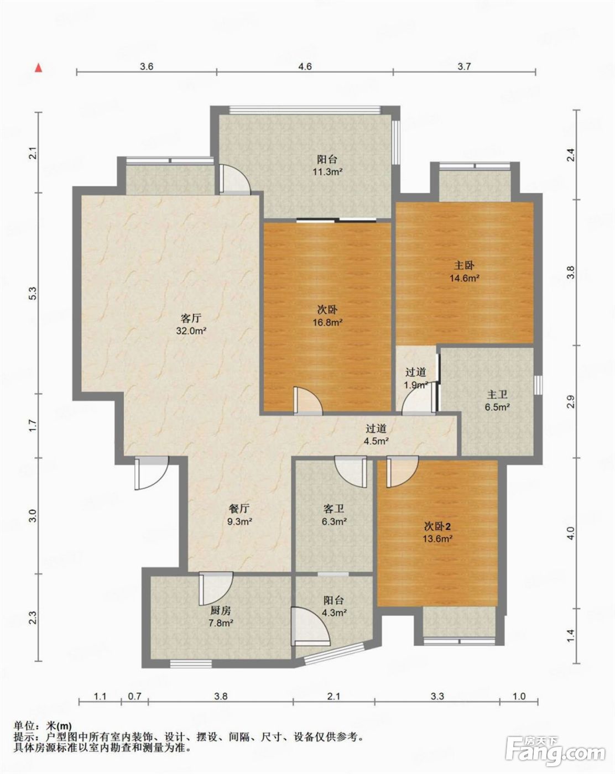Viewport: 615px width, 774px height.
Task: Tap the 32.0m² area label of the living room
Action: pos(191,331)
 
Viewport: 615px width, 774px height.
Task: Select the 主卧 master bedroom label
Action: pos(464,265)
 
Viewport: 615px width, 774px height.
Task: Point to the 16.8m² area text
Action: pos(327,322)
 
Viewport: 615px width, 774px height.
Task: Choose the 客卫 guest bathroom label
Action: pos(334,509)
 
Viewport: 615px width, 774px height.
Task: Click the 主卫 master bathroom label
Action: pos(497,395)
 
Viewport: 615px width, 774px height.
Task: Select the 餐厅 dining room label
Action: pos(239,509)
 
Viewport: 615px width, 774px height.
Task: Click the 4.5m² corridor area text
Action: pos(376,441)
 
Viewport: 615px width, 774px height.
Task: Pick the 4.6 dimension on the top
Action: pos(304,66)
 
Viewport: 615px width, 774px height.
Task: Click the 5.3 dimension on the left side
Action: pos(33,294)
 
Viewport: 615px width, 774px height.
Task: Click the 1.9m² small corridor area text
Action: pos(416,385)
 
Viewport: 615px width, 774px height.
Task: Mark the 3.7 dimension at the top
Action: pos(464,66)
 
